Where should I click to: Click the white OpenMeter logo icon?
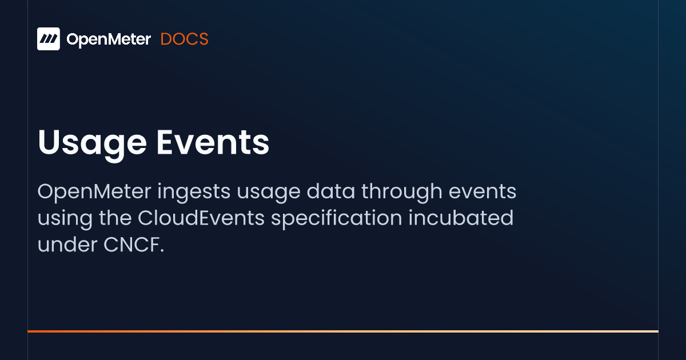click(x=49, y=39)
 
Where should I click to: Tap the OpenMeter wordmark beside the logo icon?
click(x=109, y=39)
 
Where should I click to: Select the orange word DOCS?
click(x=184, y=39)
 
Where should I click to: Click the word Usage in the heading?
click(x=92, y=143)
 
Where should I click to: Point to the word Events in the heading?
click(x=213, y=142)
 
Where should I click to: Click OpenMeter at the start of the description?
click(x=94, y=191)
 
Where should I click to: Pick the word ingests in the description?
click(x=194, y=192)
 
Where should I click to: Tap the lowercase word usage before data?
click(x=269, y=194)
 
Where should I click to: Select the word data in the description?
click(x=331, y=191)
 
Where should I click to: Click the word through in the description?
click(x=402, y=192)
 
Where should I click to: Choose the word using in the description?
click(x=65, y=218)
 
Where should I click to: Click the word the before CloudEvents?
click(x=115, y=218)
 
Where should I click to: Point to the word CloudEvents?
click(x=201, y=218)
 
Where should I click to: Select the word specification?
click(x=337, y=218)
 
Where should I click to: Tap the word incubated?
click(x=461, y=218)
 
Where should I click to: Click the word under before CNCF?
click(x=67, y=245)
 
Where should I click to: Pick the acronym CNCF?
click(x=131, y=245)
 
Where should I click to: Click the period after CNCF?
click(x=162, y=251)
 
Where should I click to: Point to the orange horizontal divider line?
click(x=343, y=331)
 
